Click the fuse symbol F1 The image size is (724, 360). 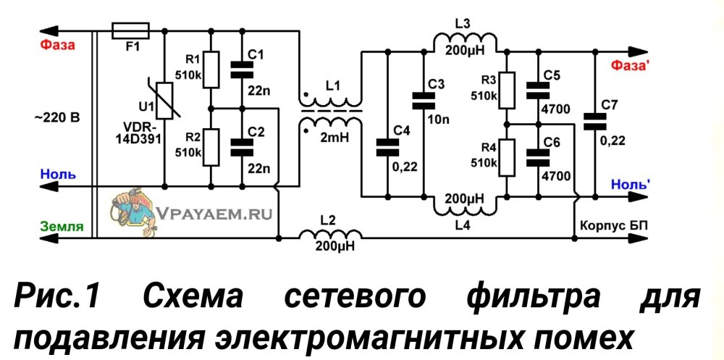tap(131, 31)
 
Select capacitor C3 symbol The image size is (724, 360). tap(421, 100)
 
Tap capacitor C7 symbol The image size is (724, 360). tap(595, 122)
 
